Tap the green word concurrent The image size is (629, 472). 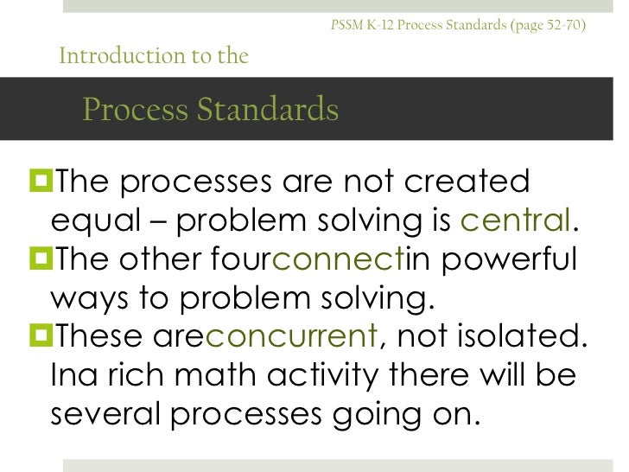(x=290, y=335)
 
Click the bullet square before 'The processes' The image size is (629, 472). (x=40, y=182)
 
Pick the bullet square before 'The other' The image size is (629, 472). (x=40, y=258)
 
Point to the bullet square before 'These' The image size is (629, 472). (x=40, y=335)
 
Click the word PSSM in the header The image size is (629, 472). (x=344, y=25)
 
